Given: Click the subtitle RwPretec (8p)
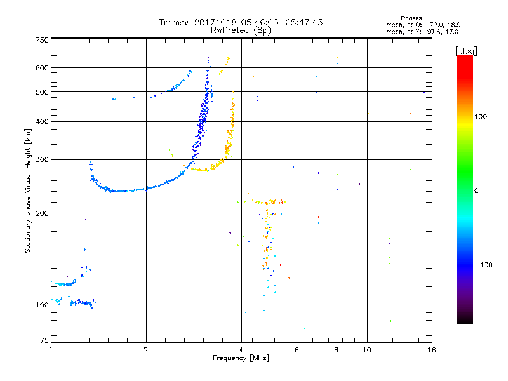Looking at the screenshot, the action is (241, 30).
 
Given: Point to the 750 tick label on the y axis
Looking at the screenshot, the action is (42, 40).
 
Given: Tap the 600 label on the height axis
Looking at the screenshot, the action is (42, 68).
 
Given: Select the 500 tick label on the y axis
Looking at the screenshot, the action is (42, 92).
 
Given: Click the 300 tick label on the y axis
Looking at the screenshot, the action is (42, 160).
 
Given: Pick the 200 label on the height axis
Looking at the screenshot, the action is (42, 213).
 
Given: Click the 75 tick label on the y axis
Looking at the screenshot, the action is (44, 340).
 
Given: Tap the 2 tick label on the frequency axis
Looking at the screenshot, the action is (146, 350).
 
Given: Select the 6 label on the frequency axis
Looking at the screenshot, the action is (297, 350).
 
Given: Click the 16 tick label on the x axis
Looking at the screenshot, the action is (432, 350).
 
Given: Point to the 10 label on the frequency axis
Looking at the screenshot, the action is (367, 350).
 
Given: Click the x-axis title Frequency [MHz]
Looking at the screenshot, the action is (241, 358).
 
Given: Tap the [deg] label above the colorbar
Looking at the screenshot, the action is (467, 51).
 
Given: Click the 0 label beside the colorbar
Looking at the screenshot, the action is (476, 191).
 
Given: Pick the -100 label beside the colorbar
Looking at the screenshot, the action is (483, 265).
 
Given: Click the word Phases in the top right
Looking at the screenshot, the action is (411, 18).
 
